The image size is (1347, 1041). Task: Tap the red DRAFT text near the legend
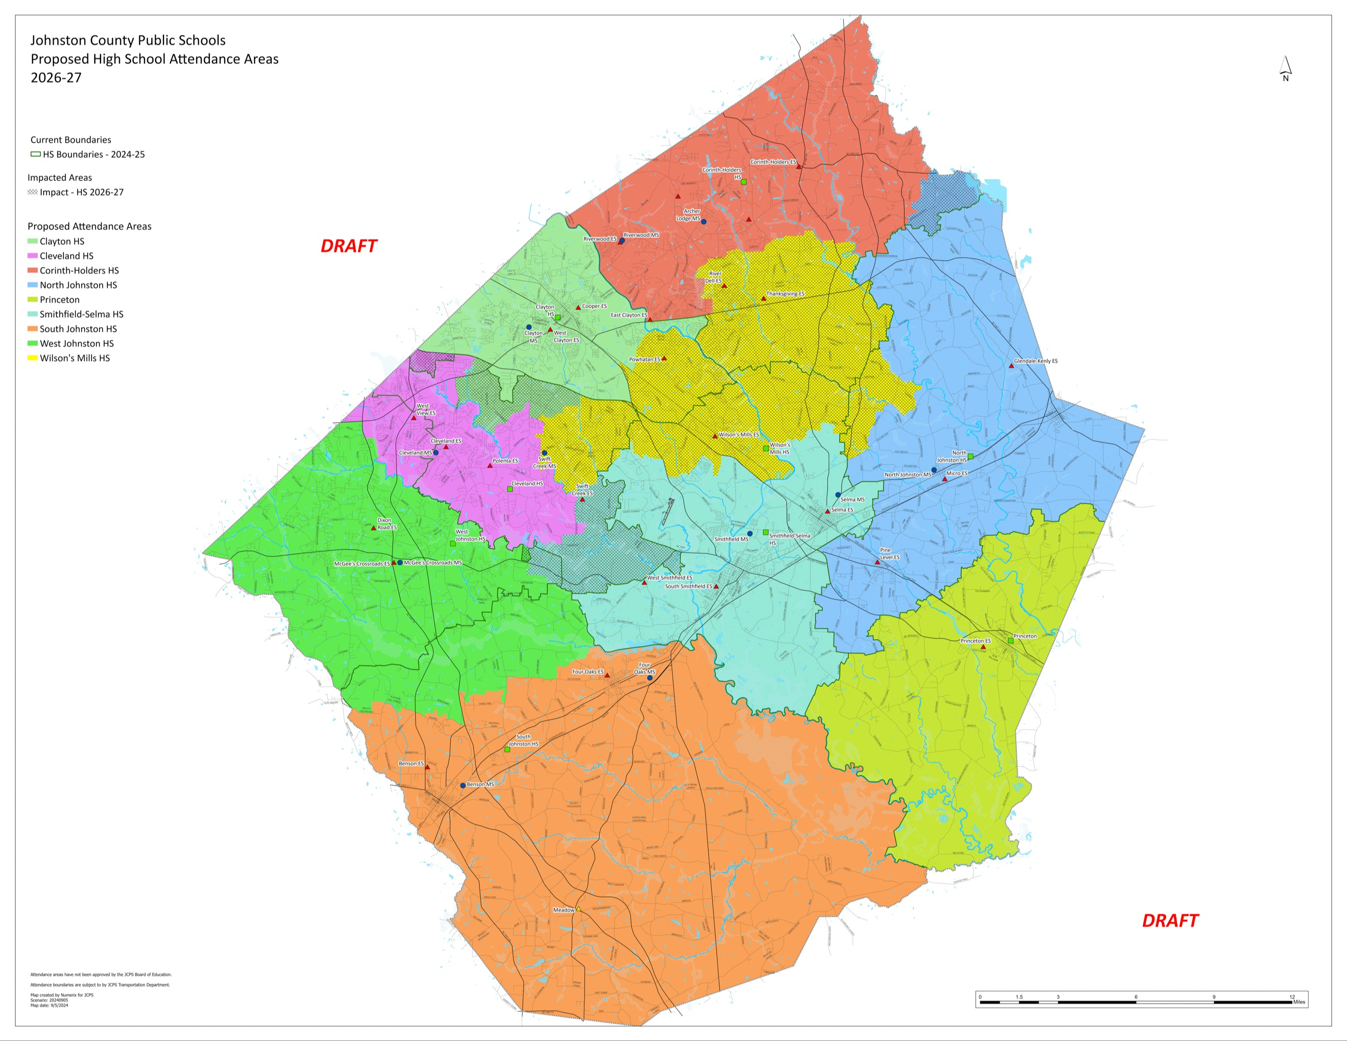349,246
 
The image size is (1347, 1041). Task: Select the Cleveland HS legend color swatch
33,256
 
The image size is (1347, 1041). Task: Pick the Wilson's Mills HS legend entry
74,358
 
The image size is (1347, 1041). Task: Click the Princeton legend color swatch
33,300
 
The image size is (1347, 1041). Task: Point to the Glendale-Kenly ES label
1036,361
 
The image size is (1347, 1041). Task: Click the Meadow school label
563,909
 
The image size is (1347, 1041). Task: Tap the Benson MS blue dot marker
463,785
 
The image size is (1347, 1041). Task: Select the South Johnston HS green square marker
507,749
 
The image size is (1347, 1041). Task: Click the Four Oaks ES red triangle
607,675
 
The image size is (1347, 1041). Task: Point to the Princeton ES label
975,641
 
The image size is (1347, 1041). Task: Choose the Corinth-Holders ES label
772,162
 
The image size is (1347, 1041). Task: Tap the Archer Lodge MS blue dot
704,221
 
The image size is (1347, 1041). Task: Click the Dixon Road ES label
387,524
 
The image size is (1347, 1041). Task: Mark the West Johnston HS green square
453,543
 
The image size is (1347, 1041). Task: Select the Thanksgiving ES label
785,294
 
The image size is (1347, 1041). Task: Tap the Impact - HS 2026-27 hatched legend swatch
33,192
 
